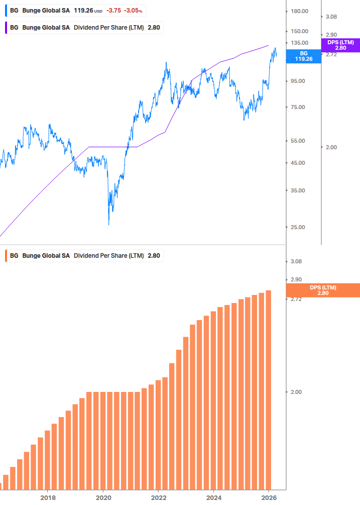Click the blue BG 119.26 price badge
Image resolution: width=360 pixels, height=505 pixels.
(x=303, y=56)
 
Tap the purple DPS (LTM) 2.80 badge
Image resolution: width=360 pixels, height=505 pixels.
(x=340, y=45)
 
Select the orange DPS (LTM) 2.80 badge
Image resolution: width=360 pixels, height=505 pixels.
(x=322, y=290)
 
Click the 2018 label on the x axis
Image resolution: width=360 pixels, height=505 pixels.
(x=48, y=497)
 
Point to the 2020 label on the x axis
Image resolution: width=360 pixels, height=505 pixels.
(x=103, y=497)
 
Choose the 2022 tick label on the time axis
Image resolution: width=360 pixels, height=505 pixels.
(x=158, y=497)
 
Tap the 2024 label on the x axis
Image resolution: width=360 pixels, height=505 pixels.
(x=213, y=497)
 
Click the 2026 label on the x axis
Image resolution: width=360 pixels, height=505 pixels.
(x=269, y=497)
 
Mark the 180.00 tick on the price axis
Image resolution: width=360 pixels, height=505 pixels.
(x=299, y=11)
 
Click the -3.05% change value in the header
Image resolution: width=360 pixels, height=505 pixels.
(x=133, y=10)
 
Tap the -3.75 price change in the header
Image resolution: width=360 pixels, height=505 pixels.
(x=113, y=10)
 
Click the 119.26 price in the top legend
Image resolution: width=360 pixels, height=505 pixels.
(x=83, y=10)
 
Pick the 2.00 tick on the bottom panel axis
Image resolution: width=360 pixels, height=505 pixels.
(x=296, y=392)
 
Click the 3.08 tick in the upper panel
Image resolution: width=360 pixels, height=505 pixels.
(x=331, y=17)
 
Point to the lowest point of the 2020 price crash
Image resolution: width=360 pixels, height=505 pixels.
(x=109, y=224)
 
